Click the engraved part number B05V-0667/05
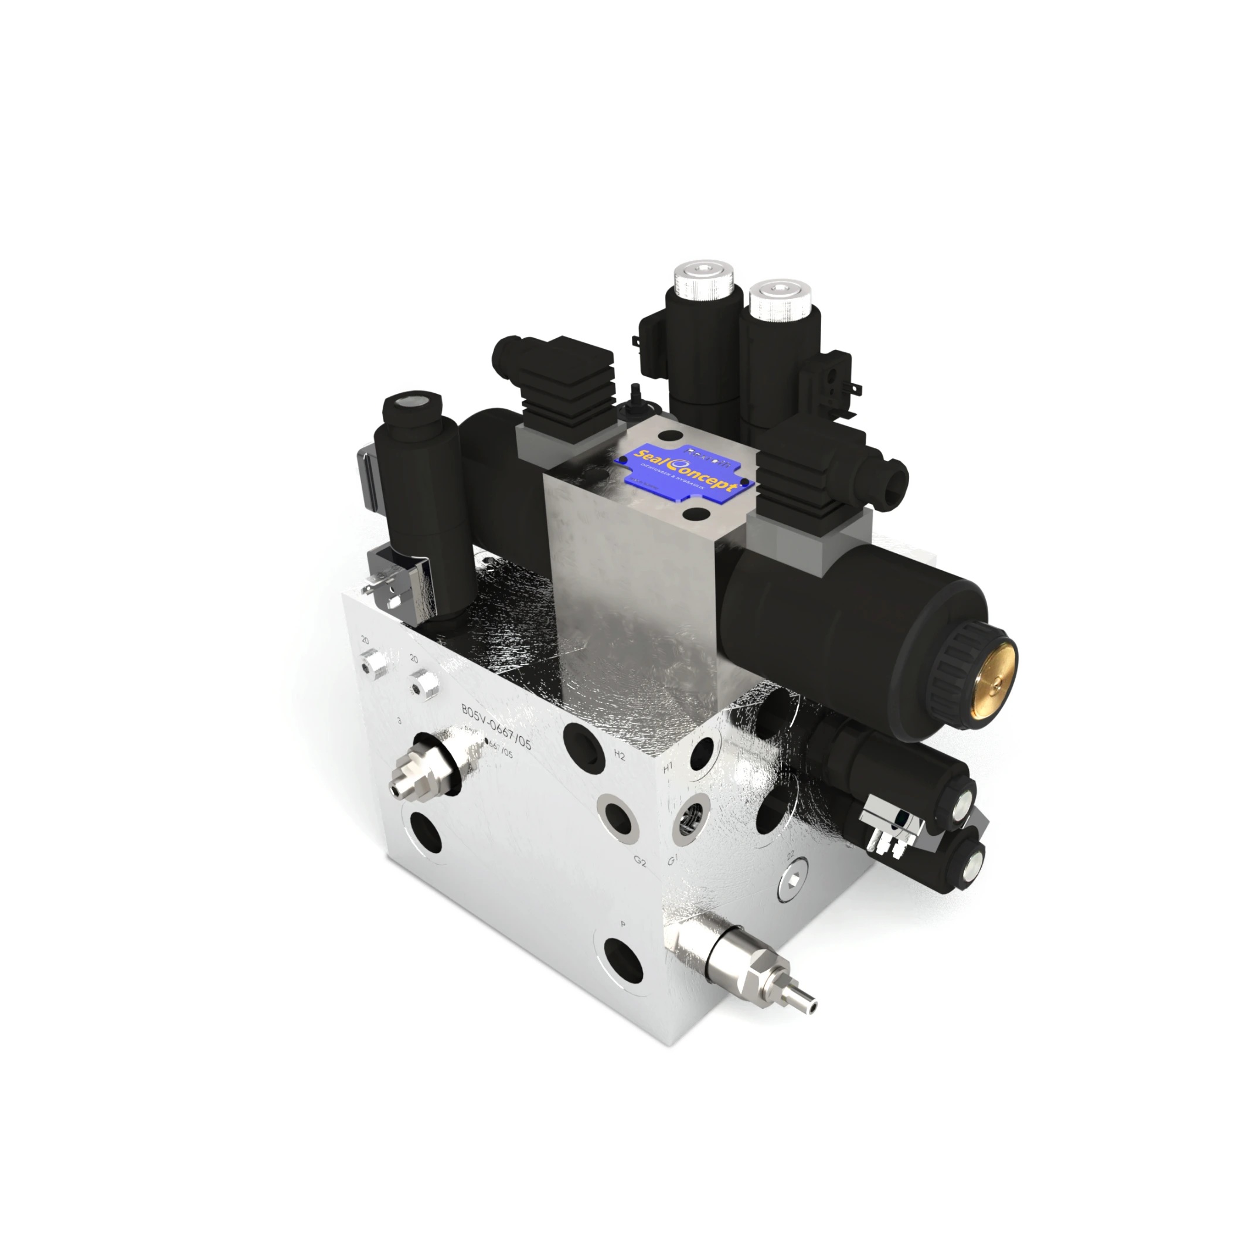click(496, 726)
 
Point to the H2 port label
click(619, 756)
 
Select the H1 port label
click(668, 768)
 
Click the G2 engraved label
click(640, 861)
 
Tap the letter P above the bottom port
click(622, 924)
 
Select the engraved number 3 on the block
click(399, 720)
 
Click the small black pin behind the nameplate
click(634, 392)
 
